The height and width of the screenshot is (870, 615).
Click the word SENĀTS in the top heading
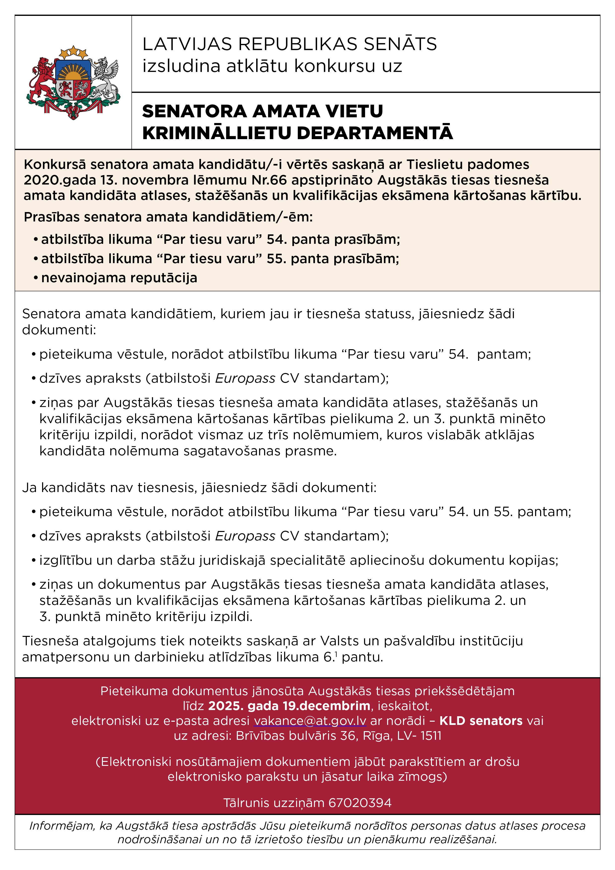coord(400,44)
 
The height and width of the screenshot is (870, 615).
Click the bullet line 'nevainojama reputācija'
coord(119,278)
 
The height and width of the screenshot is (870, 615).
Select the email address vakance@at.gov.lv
coord(309,721)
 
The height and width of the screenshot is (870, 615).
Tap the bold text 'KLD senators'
coord(481,721)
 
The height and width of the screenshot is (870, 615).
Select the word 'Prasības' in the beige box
coord(52,217)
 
